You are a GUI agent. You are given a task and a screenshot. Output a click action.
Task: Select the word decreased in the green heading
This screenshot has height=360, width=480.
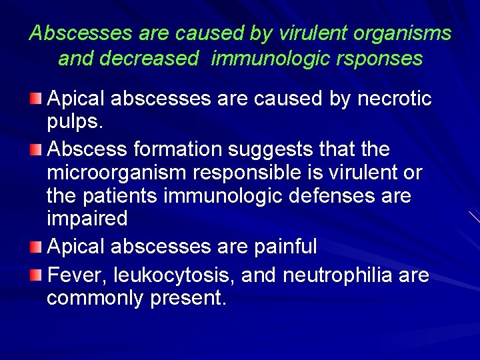click(x=148, y=59)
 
